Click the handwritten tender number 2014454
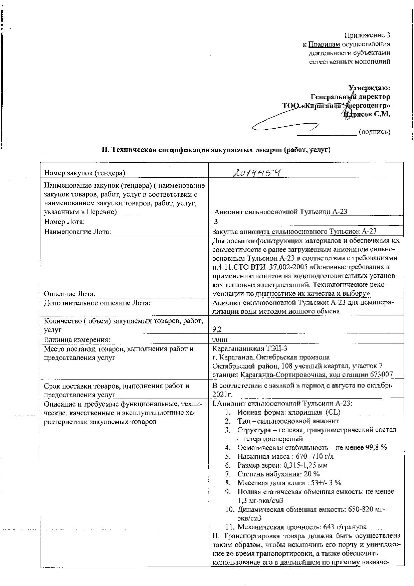256,172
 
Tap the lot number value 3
216,222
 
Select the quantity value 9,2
217,330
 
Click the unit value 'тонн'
220,339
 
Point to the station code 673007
381,375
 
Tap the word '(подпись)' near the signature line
374,132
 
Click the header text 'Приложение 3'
367,35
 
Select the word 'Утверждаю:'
369,88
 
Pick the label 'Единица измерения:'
77,339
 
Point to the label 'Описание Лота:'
70,294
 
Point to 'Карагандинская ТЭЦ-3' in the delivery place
249,348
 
